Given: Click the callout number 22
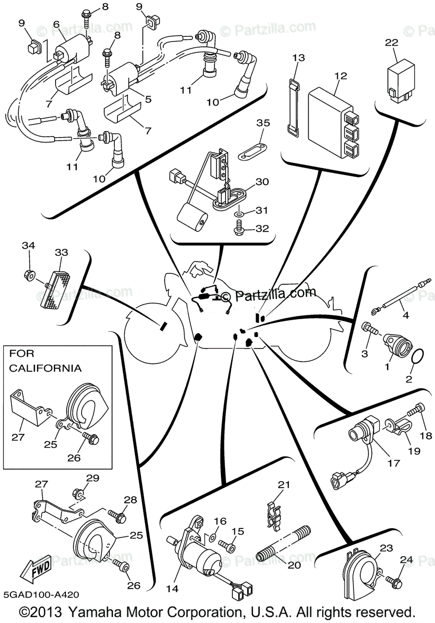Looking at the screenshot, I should point(391,43).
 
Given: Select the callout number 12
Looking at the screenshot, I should point(340,76).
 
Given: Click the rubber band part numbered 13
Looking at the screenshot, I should point(294,109).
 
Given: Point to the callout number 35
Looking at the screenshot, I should point(263,123).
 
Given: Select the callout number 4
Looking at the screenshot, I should point(406,315).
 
